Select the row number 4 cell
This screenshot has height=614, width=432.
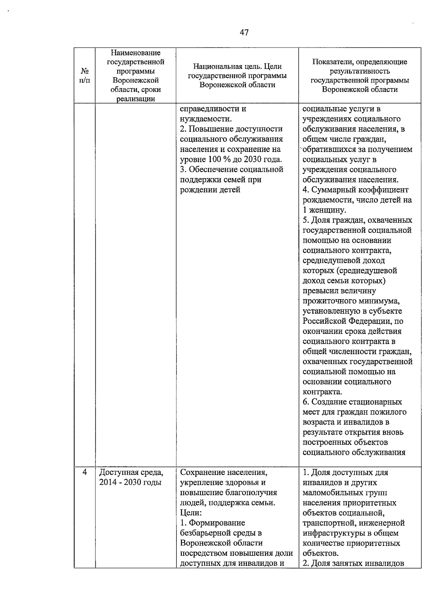tap(85, 472)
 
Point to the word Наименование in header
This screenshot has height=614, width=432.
tap(135, 53)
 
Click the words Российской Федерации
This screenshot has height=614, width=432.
tap(352, 321)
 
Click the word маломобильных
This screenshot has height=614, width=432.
tap(334, 492)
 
